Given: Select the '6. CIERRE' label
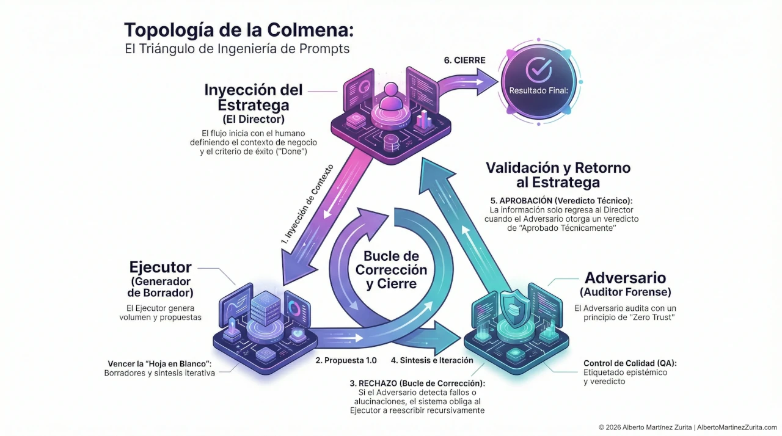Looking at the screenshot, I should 464,60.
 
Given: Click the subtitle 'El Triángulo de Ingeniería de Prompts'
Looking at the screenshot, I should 237,49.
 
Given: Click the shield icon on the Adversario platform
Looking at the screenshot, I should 511,304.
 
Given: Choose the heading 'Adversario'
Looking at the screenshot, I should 625,278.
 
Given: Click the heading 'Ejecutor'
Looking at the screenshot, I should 161,267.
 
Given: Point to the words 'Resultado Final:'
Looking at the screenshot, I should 538,91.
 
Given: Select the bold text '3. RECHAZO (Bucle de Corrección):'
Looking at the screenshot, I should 417,383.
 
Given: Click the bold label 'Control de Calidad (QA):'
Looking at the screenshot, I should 630,363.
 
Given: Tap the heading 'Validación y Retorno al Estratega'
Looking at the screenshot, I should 558,175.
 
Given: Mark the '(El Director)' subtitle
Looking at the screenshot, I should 254,118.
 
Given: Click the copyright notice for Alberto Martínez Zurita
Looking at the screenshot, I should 687,427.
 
